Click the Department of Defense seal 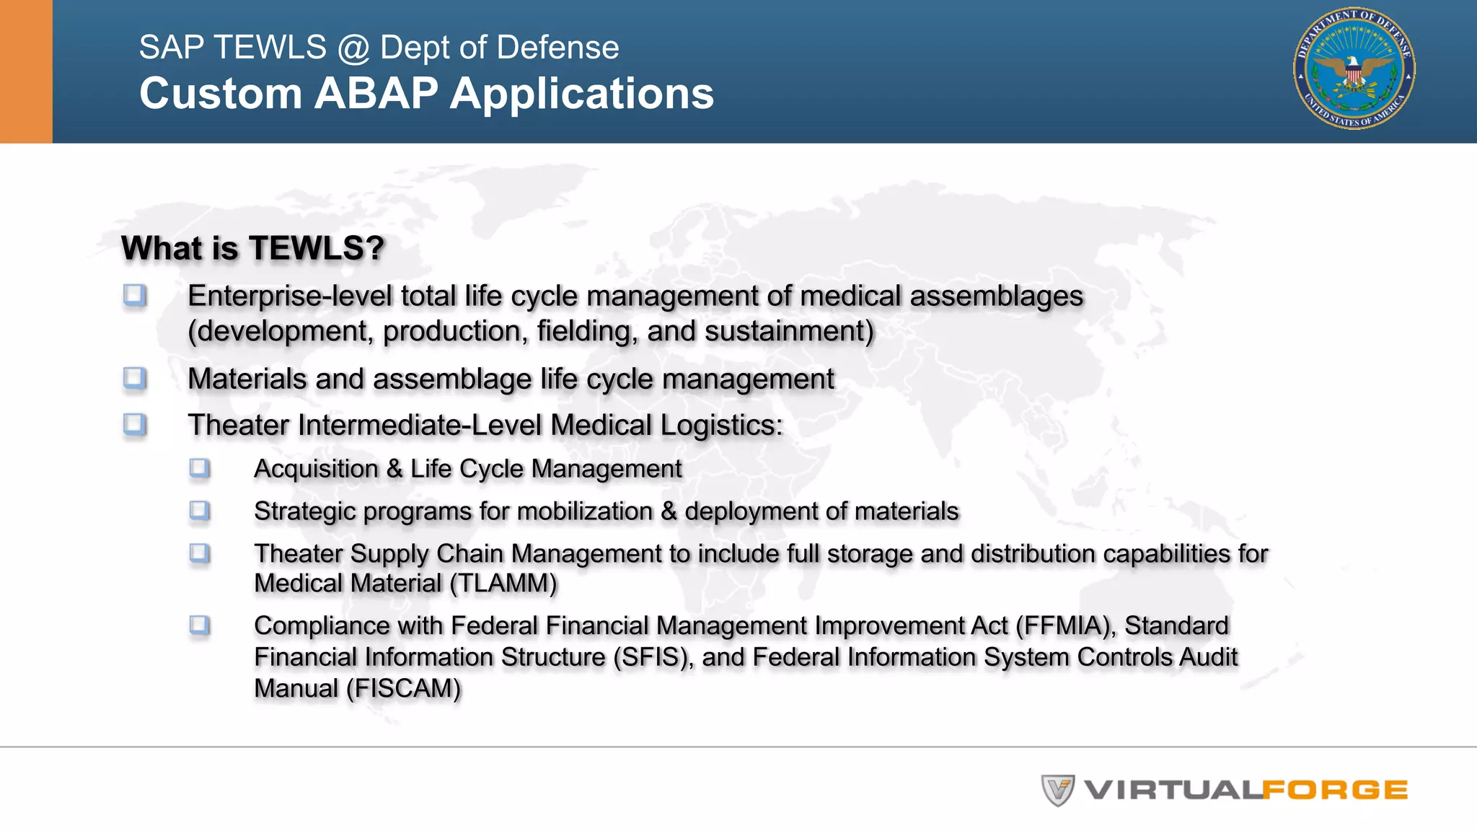(x=1354, y=69)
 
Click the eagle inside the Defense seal (x=1354, y=71)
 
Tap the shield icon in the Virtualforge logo (x=1057, y=790)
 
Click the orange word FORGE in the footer (x=1335, y=790)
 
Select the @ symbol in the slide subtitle (x=353, y=48)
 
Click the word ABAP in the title (x=376, y=94)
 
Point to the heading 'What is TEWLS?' (x=252, y=248)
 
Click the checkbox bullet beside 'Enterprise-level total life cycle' (x=135, y=295)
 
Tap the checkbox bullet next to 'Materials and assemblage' (x=135, y=378)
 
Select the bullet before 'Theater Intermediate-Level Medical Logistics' (x=135, y=424)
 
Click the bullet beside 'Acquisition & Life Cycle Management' (x=200, y=468)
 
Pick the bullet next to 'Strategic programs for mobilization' (x=200, y=511)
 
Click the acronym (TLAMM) (x=503, y=584)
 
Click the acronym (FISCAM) (x=403, y=689)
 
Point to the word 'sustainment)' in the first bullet (x=789, y=331)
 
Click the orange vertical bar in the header (x=26, y=71)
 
